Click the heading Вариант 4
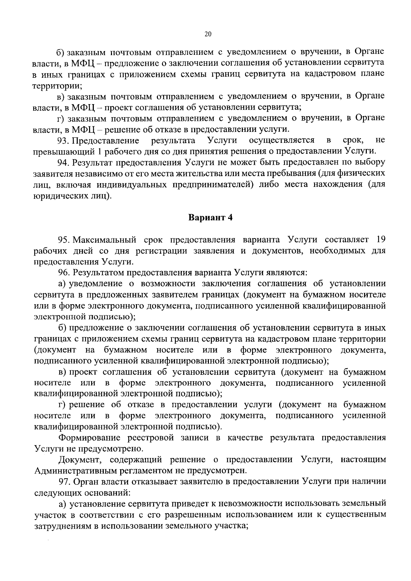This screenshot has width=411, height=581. [210, 218]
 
